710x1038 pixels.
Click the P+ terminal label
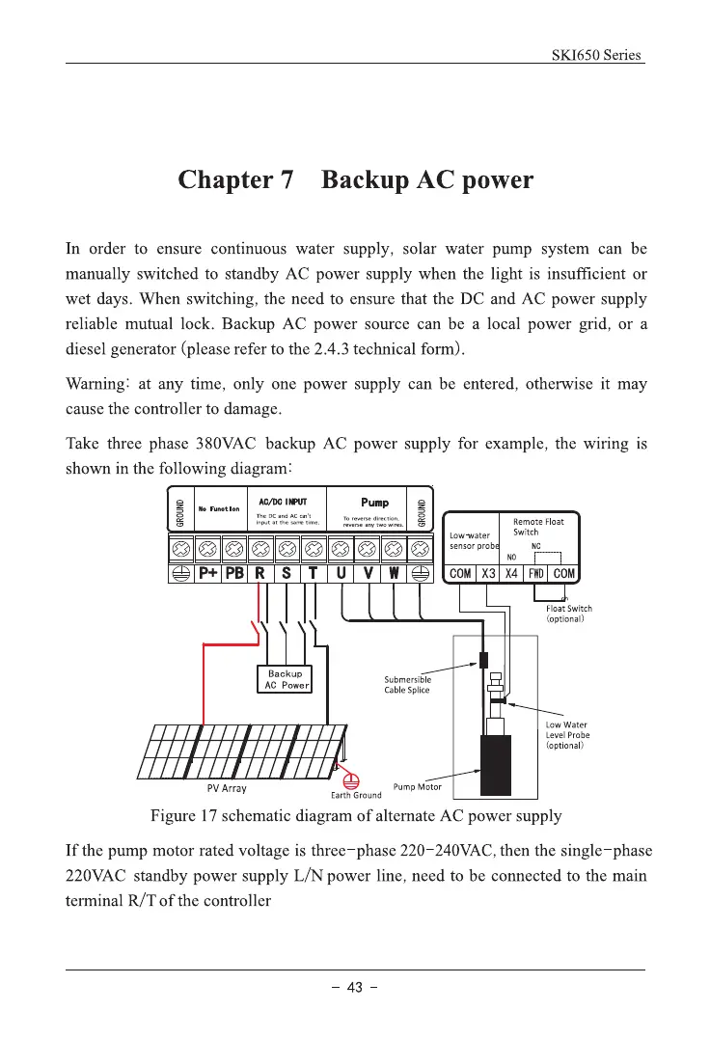[207, 573]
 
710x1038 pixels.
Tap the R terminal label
[259, 573]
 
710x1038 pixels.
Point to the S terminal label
[287, 573]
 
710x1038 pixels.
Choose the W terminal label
[394, 573]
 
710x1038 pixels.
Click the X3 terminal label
[489, 573]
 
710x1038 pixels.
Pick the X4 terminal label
[514, 573]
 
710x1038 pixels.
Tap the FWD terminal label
[539, 573]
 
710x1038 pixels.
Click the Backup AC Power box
[285, 679]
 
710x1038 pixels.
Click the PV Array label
[228, 788]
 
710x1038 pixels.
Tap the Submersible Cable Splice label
[408, 685]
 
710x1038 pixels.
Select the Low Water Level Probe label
[567, 735]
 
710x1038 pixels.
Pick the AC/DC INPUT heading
[285, 503]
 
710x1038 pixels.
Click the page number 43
[354, 986]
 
